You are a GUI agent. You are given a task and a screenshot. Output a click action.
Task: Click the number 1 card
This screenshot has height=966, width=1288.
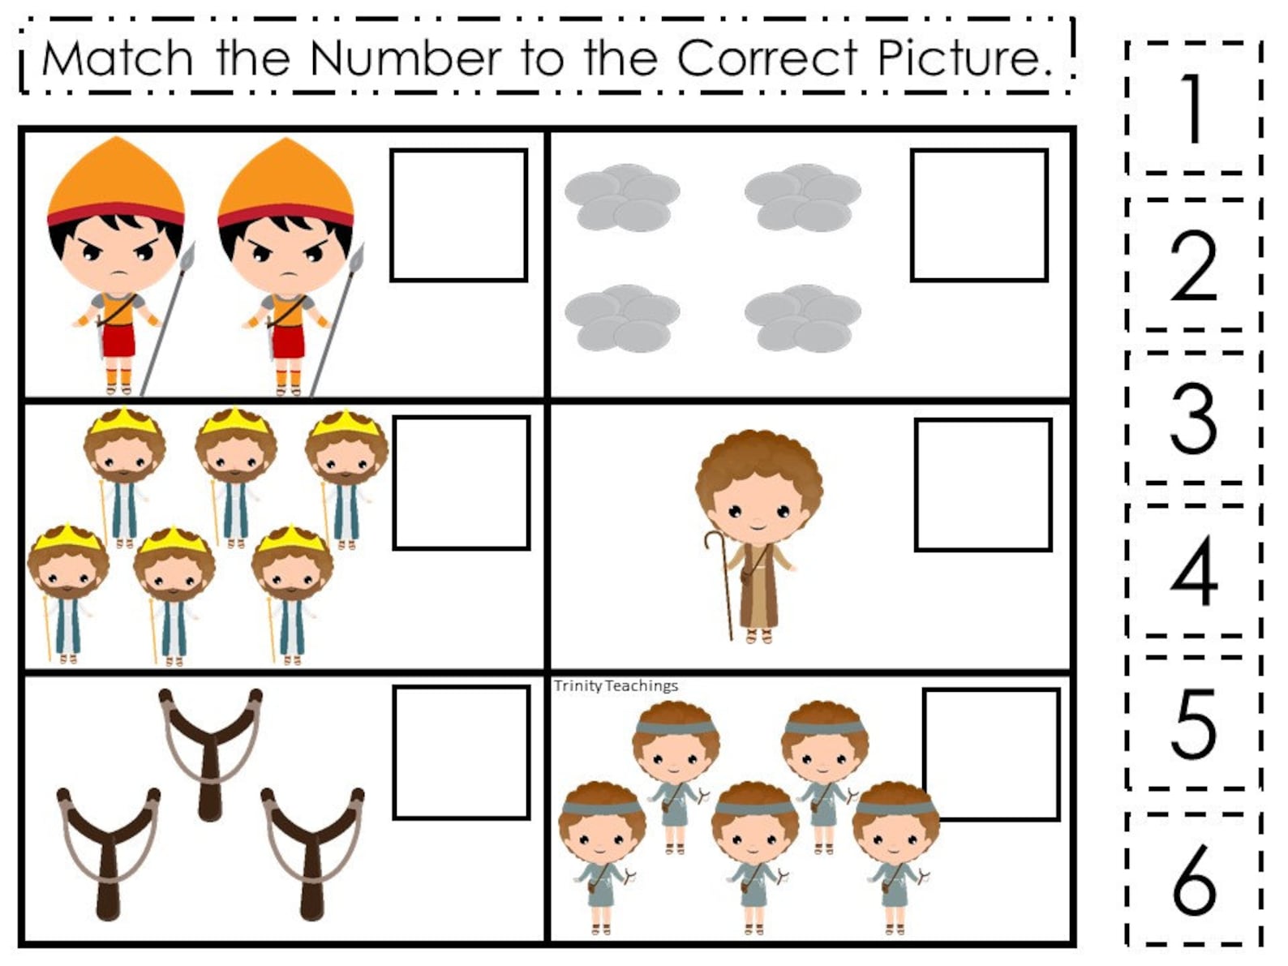click(x=1193, y=108)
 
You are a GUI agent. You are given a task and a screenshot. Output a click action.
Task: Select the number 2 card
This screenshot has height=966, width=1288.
click(x=1193, y=265)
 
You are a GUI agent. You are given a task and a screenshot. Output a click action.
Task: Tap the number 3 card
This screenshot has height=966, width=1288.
click(x=1193, y=418)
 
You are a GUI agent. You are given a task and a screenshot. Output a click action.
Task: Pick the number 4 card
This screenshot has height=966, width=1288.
click(x=1193, y=571)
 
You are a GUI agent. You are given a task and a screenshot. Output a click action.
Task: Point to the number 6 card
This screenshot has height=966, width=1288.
click(x=1193, y=879)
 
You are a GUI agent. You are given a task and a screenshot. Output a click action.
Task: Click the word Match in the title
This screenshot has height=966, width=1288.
click(x=117, y=58)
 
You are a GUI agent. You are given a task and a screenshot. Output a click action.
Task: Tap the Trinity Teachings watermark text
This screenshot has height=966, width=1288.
click(x=616, y=686)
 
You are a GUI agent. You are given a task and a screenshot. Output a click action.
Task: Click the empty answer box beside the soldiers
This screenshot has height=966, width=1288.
click(x=459, y=215)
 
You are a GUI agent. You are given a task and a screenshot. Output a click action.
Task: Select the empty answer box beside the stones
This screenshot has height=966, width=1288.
click(x=979, y=215)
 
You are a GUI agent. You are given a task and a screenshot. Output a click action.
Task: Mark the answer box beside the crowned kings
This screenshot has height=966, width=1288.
click(x=462, y=483)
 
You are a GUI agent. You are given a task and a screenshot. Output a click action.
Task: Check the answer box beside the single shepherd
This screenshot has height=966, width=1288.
click(x=983, y=485)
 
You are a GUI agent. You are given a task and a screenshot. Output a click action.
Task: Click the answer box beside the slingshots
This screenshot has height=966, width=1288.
click(x=462, y=753)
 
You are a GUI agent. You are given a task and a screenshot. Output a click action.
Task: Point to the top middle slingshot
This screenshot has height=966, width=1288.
click(x=210, y=750)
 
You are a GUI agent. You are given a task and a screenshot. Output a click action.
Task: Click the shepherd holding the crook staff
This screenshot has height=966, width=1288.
click(x=758, y=535)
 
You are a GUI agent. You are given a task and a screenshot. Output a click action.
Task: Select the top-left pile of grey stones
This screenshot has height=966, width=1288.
click(x=622, y=197)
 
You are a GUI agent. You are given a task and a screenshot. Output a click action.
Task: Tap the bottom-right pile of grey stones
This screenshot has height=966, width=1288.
click(x=802, y=318)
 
